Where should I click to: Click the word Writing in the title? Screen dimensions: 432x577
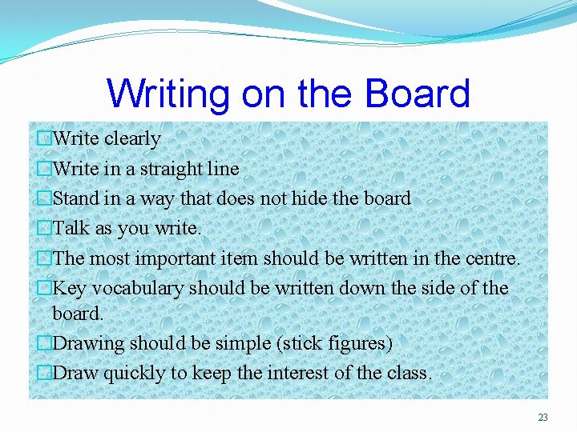pyautogui.click(x=167, y=94)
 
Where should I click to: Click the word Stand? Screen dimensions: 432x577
pyautogui.click(x=75, y=198)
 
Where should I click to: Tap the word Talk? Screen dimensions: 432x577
pyautogui.click(x=71, y=228)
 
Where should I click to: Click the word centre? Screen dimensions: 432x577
pyautogui.click(x=491, y=258)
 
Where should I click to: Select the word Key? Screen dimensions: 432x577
pyautogui.click(x=67, y=288)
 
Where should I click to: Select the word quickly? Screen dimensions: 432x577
pyautogui.click(x=134, y=374)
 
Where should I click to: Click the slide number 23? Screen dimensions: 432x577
pyautogui.click(x=543, y=418)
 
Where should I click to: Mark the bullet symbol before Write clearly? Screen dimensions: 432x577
pyautogui.click(x=45, y=139)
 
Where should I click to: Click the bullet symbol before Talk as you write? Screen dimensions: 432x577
pyautogui.click(x=45, y=229)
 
